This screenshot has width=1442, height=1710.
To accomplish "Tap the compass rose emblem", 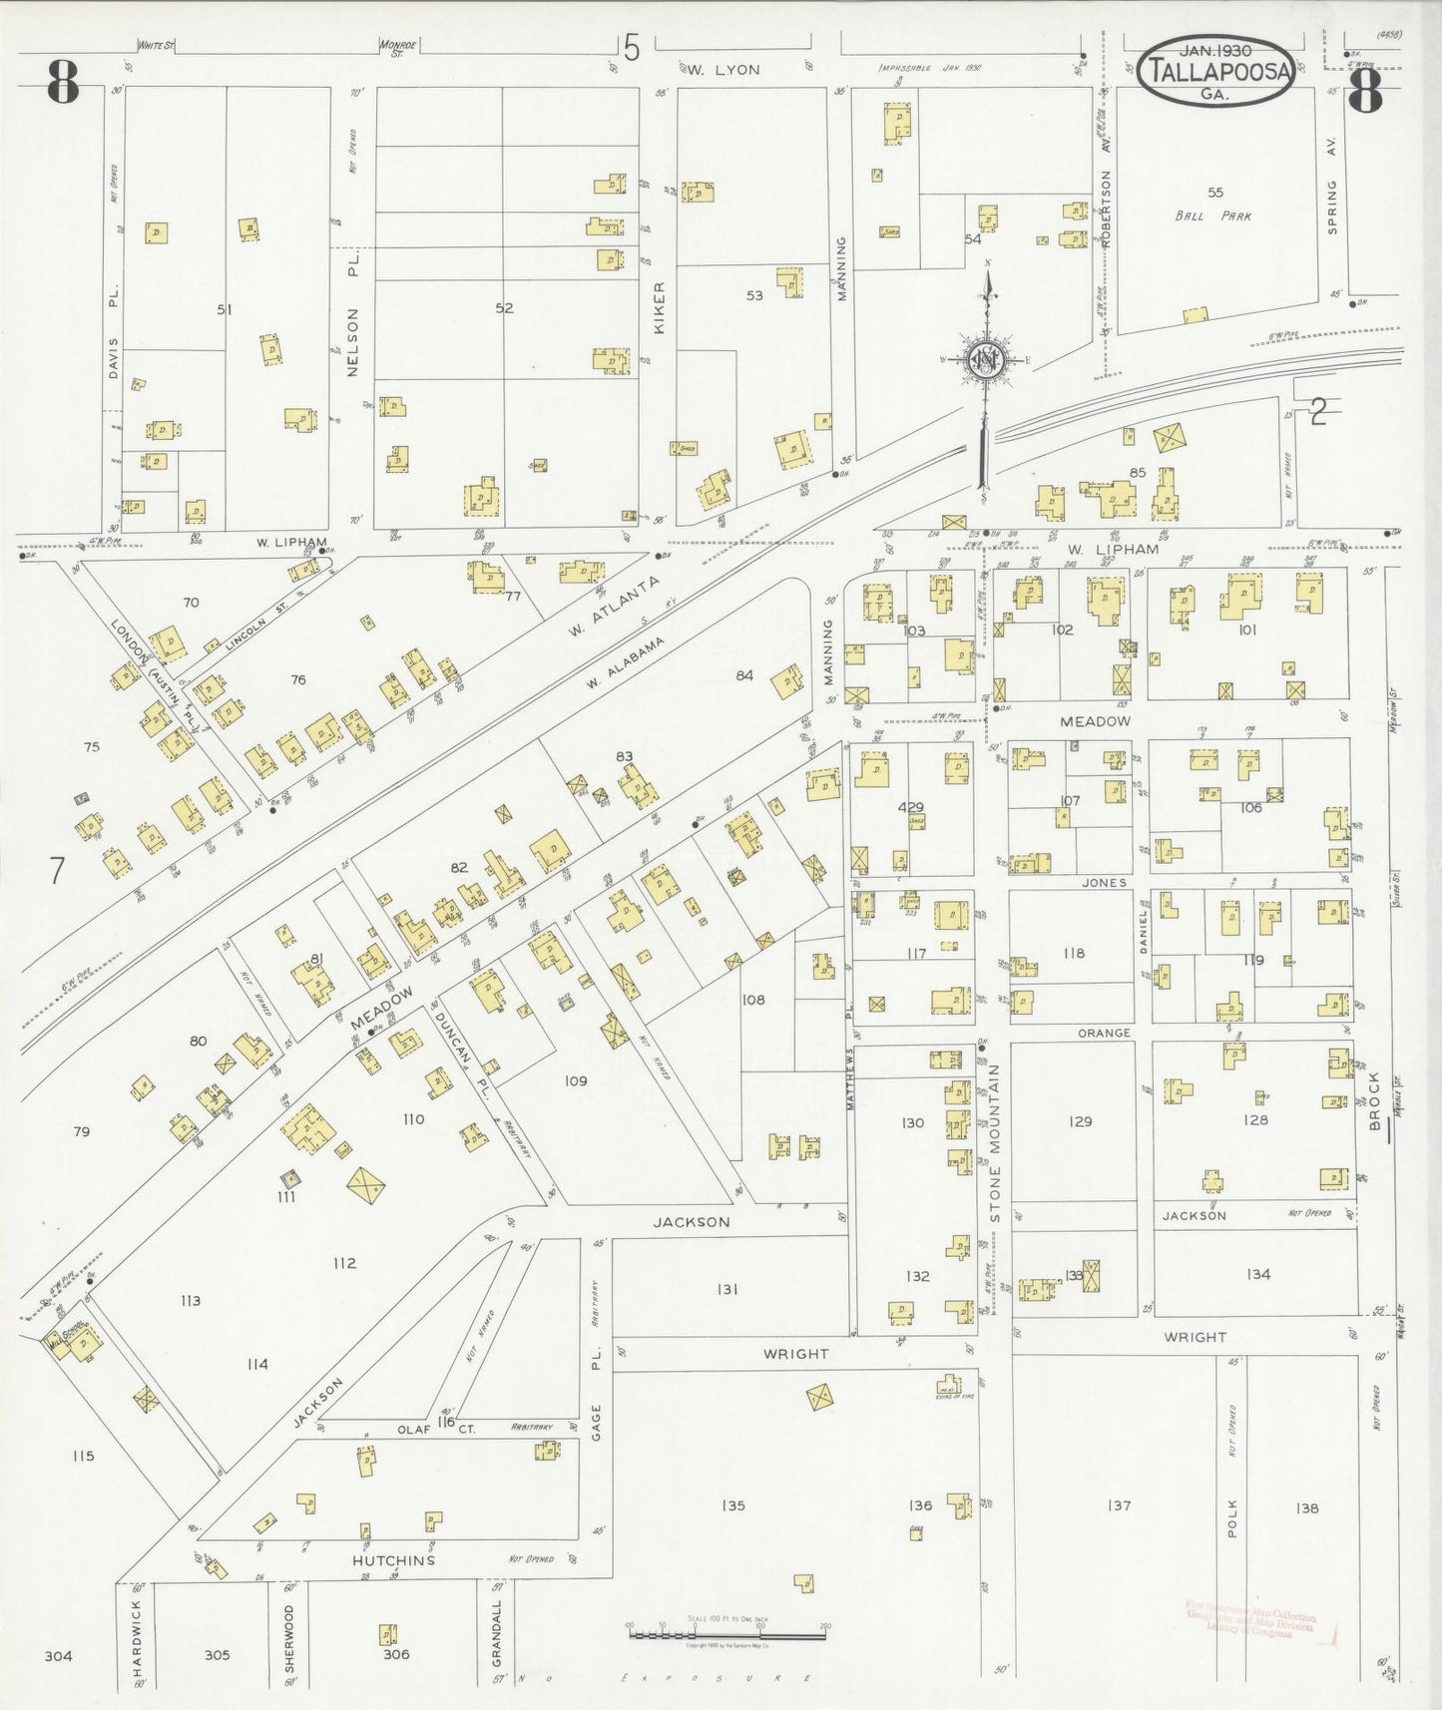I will coord(986,359).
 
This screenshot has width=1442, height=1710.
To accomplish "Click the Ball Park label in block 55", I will coord(1212,215).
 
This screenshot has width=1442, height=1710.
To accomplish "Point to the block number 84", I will coord(744,675).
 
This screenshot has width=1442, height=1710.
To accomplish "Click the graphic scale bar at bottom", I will coord(725,1635).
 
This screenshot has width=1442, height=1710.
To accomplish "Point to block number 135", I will coord(733,1504).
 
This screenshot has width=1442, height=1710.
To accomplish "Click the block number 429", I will coord(910,807).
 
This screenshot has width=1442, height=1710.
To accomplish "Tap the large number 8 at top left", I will coord(62,85).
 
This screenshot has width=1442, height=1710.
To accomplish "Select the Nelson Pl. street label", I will coord(352,316).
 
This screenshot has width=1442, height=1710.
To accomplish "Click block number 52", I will coord(504,308).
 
